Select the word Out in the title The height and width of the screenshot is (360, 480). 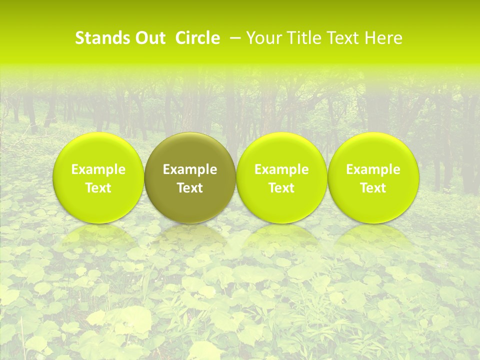(x=148, y=38)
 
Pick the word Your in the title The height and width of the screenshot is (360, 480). (x=263, y=38)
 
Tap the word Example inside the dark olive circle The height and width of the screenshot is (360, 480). (x=190, y=169)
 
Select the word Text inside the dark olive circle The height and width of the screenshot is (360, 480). (x=190, y=188)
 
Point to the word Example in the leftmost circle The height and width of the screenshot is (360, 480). (x=98, y=169)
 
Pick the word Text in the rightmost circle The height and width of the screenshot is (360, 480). (x=373, y=188)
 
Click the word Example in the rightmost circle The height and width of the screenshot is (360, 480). (x=373, y=169)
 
